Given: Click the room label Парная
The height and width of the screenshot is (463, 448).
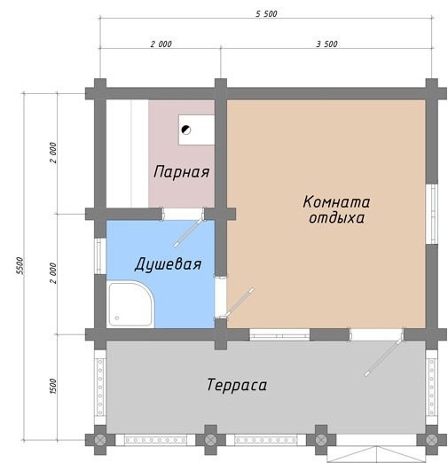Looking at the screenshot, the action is click(x=182, y=172).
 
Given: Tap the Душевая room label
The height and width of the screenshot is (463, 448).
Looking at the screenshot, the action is click(x=168, y=264).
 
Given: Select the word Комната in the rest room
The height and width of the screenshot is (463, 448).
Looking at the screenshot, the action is click(x=336, y=202).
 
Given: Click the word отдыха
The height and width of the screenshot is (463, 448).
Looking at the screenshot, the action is click(x=336, y=218).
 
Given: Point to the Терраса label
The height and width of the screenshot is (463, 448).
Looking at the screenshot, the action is click(x=237, y=385).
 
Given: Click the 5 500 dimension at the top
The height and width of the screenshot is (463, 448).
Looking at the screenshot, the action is click(x=266, y=14).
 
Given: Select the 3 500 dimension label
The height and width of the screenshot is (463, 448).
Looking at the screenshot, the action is click(x=326, y=44).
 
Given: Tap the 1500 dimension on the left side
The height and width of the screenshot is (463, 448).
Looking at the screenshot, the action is click(x=53, y=386).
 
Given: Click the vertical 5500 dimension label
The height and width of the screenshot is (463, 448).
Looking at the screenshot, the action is click(x=20, y=266).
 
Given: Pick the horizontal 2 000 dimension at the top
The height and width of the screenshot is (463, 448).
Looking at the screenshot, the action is click(x=161, y=44).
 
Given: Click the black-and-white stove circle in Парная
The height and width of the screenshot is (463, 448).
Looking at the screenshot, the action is click(x=186, y=129).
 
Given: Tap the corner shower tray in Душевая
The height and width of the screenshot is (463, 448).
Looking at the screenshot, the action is click(x=130, y=304).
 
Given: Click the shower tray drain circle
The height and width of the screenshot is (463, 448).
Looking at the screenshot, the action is click(x=117, y=318).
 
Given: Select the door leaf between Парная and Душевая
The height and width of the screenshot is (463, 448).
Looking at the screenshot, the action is click(x=189, y=232).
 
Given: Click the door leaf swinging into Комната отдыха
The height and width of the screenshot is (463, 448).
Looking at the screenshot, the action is click(x=239, y=302).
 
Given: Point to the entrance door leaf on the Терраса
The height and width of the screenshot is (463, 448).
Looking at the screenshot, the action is click(x=384, y=357).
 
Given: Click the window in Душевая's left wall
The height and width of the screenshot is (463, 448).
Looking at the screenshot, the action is click(x=100, y=256).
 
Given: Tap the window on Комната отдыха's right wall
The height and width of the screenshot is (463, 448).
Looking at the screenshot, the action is click(x=432, y=214).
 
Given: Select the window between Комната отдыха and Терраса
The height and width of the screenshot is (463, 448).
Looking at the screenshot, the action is click(x=279, y=334).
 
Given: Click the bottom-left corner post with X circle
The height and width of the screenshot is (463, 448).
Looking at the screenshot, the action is click(x=100, y=440).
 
